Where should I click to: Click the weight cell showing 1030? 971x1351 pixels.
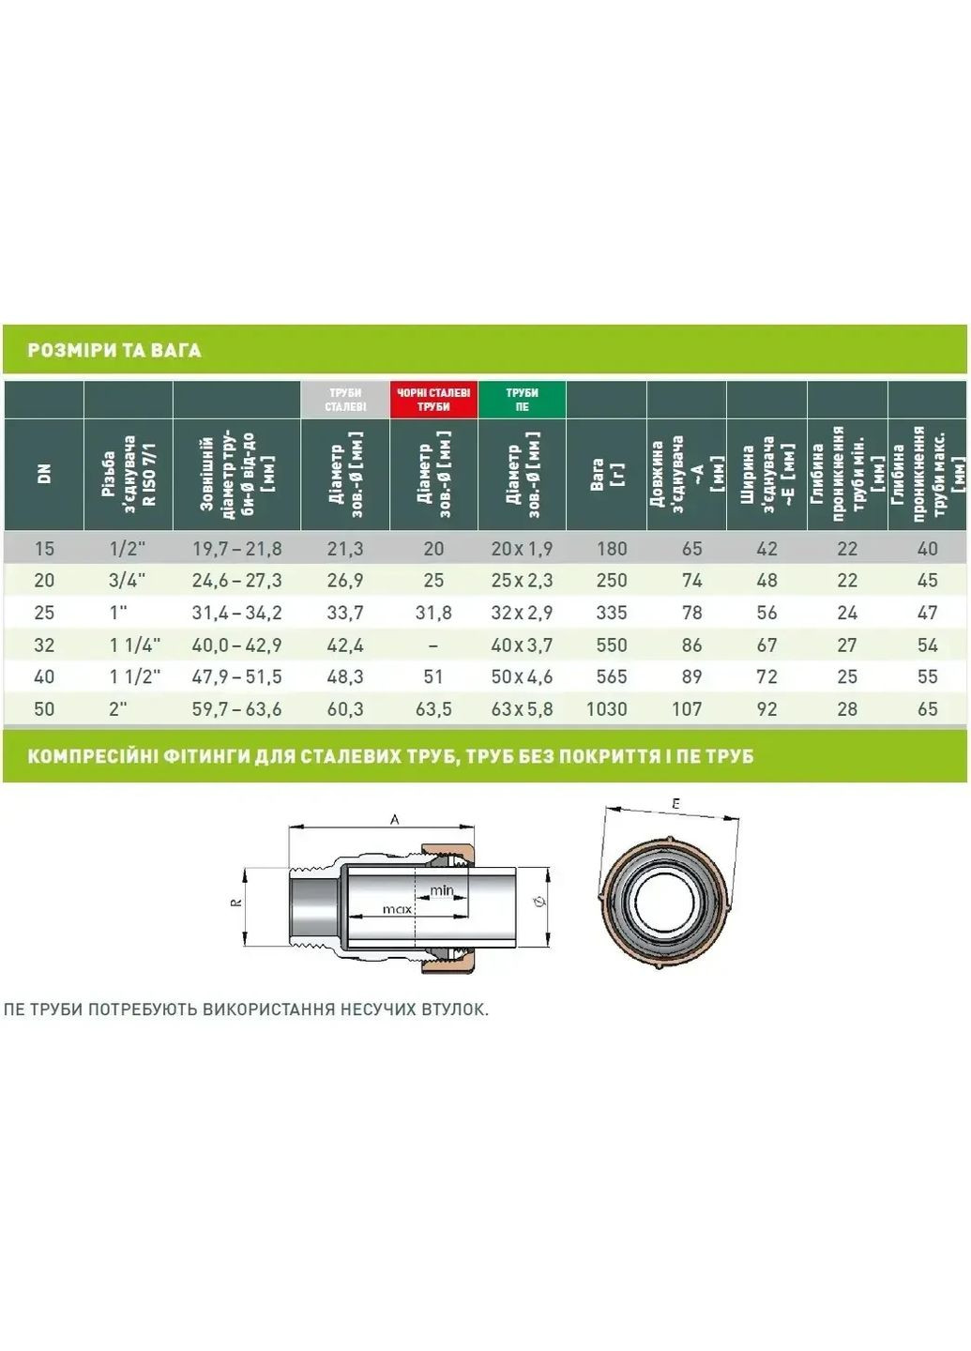606,708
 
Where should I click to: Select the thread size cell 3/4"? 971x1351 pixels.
128,580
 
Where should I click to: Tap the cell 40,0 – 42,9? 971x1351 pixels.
237,645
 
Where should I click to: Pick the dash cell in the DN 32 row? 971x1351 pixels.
433,645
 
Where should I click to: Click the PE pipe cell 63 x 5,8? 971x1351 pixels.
522,708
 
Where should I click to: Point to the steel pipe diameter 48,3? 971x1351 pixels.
345,676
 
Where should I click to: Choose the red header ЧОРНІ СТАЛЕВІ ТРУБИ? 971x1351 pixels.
433,400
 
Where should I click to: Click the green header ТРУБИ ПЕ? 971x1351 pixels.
523,400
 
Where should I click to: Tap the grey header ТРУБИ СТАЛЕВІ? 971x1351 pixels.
345,400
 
